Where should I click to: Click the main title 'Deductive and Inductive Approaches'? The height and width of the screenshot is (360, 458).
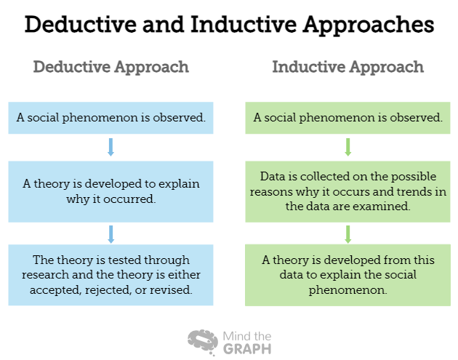point(229,25)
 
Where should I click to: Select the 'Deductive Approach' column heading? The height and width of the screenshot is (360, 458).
point(111,68)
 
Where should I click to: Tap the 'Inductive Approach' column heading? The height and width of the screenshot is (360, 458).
point(348,68)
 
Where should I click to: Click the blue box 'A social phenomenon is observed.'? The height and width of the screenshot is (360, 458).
point(111,118)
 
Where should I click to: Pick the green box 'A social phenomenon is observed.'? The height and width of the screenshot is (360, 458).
point(347,118)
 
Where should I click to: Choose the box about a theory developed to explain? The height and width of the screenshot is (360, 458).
point(111,192)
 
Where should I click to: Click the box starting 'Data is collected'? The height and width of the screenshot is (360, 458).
point(347,192)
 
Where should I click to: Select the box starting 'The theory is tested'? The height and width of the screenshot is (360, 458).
point(111,275)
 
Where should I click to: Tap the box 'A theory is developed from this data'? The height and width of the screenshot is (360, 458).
point(347,275)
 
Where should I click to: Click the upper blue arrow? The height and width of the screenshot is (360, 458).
point(111,147)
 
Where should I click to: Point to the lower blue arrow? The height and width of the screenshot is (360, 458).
point(111,234)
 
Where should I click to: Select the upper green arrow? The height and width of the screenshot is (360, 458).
point(347,147)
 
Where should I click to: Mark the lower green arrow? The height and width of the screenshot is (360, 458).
point(347,234)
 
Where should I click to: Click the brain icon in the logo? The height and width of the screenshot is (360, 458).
point(203,342)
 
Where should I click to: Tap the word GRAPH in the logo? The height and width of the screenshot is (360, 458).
point(247,349)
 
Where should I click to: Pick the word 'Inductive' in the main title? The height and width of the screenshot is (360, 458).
point(244,24)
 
